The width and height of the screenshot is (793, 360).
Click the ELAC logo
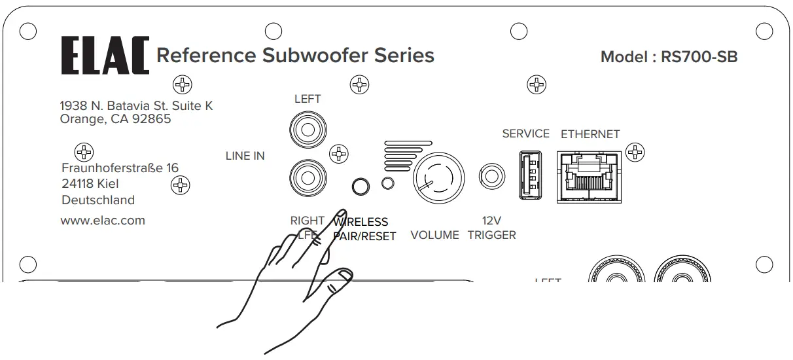coord(105,56)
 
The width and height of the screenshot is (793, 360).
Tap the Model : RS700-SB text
coord(669,57)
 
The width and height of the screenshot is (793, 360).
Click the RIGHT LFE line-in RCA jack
coord(307,176)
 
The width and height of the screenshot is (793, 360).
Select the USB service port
coord(527,174)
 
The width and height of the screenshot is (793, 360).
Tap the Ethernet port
coord(590,175)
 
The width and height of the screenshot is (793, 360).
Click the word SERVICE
coord(525,134)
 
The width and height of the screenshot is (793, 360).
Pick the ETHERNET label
coord(590,134)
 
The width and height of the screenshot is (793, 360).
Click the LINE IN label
coord(245,156)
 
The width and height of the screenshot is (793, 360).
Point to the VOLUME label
coord(434,235)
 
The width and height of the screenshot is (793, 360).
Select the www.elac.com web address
coord(103,221)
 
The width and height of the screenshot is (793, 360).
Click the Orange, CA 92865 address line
coord(115,119)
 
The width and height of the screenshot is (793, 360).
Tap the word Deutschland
coord(98,200)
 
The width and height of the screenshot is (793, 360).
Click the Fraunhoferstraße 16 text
coord(120,168)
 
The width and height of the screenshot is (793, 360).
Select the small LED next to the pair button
coord(388,184)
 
